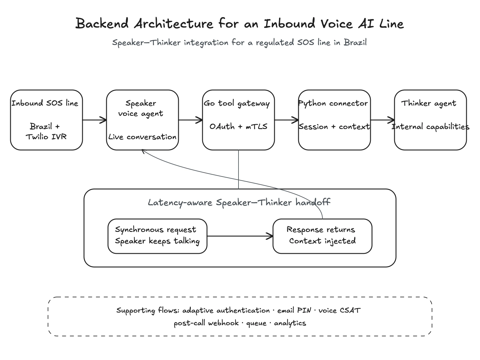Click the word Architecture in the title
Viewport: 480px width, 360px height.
pyautogui.click(x=173, y=24)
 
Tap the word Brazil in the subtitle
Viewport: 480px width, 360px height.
pyautogui.click(x=355, y=42)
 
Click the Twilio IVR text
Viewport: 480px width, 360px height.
pyautogui.click(x=46, y=137)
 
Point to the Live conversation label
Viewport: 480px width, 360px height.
pyautogui.click(x=142, y=137)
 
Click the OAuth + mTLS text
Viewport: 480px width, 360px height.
pyautogui.click(x=238, y=126)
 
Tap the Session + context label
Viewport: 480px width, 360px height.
pyautogui.click(x=334, y=127)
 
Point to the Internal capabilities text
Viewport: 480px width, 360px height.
pyautogui.click(x=430, y=127)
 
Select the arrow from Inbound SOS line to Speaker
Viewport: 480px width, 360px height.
pyautogui.click(x=94, y=120)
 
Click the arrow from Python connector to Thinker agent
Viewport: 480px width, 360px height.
pyautogui.click(x=382, y=120)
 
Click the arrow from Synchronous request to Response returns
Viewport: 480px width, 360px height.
pyautogui.click(x=240, y=236)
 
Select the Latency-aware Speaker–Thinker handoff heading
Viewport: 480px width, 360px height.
pyautogui.click(x=239, y=202)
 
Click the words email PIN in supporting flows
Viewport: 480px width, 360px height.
pyautogui.click(x=294, y=310)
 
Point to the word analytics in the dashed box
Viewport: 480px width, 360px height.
pyautogui.click(x=290, y=323)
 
